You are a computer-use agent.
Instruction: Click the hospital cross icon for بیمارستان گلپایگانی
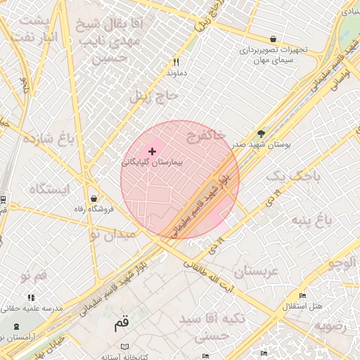click(x=152, y=151)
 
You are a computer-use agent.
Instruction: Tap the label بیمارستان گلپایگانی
click(x=152, y=162)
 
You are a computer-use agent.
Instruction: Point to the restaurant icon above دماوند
click(x=176, y=62)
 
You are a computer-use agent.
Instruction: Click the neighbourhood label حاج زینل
click(x=155, y=96)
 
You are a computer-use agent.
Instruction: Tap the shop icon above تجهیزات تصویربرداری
click(x=273, y=39)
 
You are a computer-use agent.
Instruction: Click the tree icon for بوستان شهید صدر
click(x=262, y=134)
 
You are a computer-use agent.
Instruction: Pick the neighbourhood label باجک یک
click(x=297, y=176)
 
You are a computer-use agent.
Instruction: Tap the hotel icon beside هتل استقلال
click(x=302, y=295)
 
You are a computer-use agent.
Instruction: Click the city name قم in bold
click(x=121, y=324)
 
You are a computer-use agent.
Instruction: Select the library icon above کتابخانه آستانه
click(x=124, y=347)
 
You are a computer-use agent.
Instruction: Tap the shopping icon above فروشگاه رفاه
click(x=94, y=199)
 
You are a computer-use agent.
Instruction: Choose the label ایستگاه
click(x=50, y=189)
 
